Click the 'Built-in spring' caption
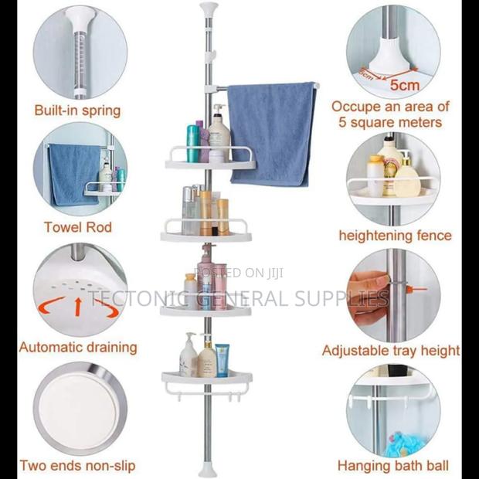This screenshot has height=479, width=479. click(x=77, y=110)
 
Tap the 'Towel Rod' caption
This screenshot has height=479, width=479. click(x=77, y=227)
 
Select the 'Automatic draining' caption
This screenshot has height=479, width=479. click(x=78, y=347)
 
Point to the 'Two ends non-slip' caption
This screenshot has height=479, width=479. click(x=77, y=466)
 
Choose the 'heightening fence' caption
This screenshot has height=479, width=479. click(x=395, y=235)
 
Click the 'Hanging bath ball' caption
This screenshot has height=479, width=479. click(x=392, y=466)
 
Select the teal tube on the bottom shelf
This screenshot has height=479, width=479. click(x=223, y=360)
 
